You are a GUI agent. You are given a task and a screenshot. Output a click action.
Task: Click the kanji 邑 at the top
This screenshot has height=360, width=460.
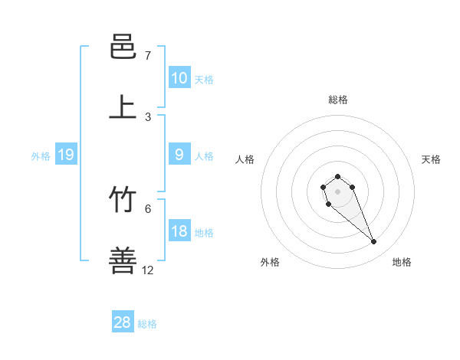point(123,47)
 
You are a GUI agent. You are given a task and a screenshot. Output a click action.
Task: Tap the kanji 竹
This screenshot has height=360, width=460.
point(123,201)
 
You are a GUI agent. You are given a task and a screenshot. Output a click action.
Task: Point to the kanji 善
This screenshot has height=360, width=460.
point(123,261)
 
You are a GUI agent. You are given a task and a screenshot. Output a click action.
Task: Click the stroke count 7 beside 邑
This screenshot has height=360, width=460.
point(148,56)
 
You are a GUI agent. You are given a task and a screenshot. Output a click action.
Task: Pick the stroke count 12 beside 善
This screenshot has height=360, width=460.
point(148,270)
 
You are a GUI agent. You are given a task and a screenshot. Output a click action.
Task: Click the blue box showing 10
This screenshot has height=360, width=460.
point(179,78)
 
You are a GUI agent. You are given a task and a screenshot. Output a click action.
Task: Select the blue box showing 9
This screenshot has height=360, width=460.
point(179,155)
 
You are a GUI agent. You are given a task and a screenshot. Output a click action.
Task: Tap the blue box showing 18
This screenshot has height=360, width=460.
point(179,231)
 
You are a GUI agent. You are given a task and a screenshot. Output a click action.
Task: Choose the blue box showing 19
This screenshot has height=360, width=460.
point(66,155)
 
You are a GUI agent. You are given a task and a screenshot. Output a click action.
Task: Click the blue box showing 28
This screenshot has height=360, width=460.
point(123,322)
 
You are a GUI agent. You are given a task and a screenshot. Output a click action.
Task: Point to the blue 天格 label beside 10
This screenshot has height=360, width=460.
point(204,79)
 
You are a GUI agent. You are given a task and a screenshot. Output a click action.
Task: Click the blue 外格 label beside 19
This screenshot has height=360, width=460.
point(41,155)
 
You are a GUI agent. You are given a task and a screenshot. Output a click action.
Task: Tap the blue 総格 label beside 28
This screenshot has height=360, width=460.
point(147,323)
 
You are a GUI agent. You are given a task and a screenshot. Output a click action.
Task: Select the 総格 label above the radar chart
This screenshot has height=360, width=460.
point(338,100)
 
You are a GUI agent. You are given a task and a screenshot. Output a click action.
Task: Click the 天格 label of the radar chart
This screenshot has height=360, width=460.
point(431,159)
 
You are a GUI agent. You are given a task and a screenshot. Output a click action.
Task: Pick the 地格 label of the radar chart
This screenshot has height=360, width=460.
point(402,262)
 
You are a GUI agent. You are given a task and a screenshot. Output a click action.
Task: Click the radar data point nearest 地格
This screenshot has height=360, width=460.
point(374,242)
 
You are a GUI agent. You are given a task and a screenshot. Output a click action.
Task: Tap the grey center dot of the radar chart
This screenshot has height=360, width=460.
point(338,191)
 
